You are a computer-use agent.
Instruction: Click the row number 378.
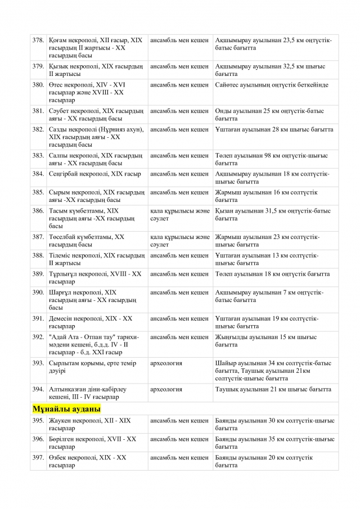tap(38, 40)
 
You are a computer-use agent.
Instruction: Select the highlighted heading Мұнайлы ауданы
tap(67, 409)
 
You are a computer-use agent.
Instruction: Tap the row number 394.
tap(38, 389)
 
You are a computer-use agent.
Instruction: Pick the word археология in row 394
tap(166, 389)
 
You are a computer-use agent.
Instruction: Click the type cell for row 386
tap(179, 214)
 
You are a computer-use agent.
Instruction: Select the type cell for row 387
tap(179, 240)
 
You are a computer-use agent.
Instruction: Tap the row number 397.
tap(38, 457)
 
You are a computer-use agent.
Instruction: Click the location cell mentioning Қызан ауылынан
tap(275, 214)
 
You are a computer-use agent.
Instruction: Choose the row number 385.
tap(38, 192)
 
